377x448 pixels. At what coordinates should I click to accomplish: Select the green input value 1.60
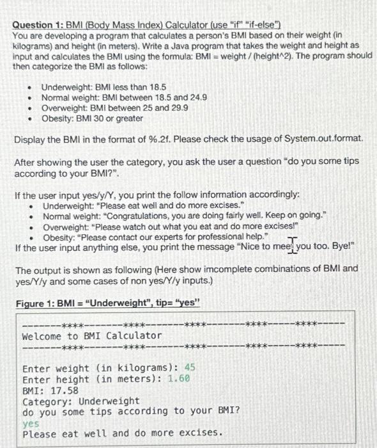pos(179,378)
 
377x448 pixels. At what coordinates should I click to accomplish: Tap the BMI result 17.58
pos(65,390)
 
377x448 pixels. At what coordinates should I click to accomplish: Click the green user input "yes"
pos(31,422)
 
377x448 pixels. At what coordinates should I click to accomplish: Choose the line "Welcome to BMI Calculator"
pos(92,336)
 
